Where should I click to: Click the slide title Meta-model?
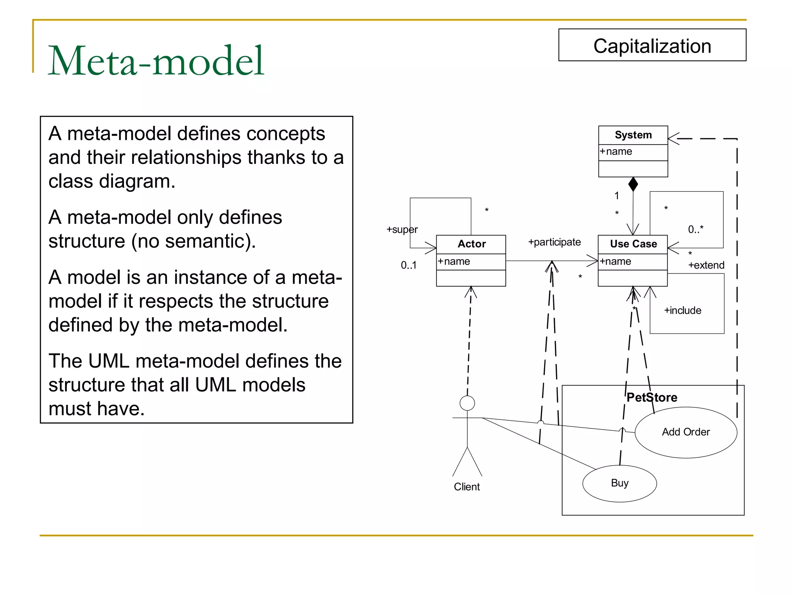coord(156,61)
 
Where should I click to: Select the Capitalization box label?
coord(652,46)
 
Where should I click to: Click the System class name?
coord(633,135)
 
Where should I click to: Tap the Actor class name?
coord(471,244)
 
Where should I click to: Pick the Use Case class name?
coord(633,244)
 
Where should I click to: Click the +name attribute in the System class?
coord(616,151)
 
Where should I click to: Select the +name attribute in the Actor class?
coord(454,261)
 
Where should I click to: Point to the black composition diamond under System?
coord(633,184)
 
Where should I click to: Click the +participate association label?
coord(554,242)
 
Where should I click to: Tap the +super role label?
coord(402,229)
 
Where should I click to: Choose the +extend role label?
coord(706,265)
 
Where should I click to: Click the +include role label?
coord(683,310)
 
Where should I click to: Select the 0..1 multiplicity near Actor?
coord(409,265)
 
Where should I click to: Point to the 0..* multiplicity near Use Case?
coord(695,229)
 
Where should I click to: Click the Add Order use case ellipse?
coord(686,432)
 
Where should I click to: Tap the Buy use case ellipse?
coord(620,483)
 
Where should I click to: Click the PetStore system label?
coord(652,397)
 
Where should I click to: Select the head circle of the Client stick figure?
coord(467,403)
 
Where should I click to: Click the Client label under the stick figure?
coord(467,487)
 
